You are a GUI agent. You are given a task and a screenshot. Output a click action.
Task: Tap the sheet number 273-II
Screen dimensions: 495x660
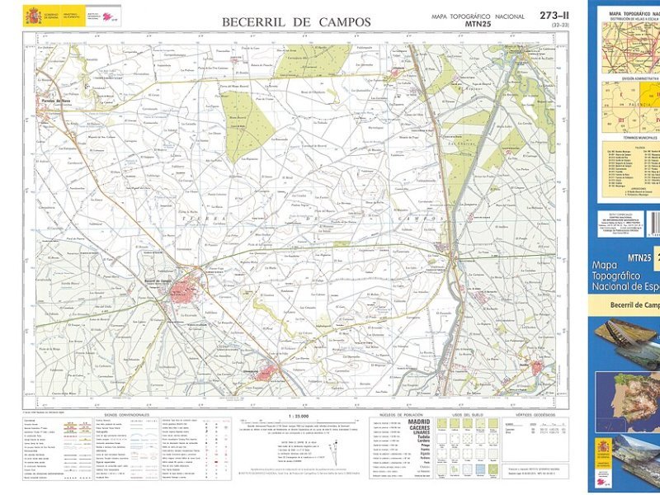tap(554, 16)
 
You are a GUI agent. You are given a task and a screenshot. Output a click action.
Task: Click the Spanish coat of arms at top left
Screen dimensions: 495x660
tap(33, 16)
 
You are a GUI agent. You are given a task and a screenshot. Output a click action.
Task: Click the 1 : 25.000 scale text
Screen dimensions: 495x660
tap(297, 415)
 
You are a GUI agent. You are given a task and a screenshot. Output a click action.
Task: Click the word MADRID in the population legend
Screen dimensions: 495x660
tap(418, 422)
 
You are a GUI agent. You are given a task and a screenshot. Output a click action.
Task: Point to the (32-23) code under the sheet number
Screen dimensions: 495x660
tap(558, 26)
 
